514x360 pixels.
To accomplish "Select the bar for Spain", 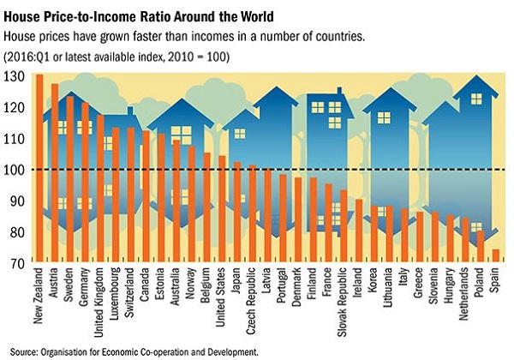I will pyautogui.click(x=495, y=255).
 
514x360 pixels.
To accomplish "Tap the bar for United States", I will pyautogui.click(x=223, y=209).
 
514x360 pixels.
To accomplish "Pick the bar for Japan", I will pyautogui.click(x=238, y=212).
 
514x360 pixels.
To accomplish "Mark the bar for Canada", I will pyautogui.click(x=146, y=196).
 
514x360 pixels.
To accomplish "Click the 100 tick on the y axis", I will pyautogui.click(x=12, y=170).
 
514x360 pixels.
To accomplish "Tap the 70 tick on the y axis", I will pyautogui.click(x=12, y=262).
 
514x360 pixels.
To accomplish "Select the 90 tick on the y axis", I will pyautogui.click(x=12, y=201).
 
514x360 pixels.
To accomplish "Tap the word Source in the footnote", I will pyautogui.click(x=19, y=351).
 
